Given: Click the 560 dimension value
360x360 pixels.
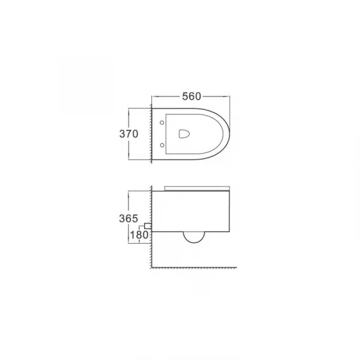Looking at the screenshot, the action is tap(191, 97).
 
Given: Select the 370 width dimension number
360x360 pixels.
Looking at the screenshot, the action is tap(129, 134).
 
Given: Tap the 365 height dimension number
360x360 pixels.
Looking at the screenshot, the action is tap(128, 218).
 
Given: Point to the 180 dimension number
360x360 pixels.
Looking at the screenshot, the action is tap(139, 235).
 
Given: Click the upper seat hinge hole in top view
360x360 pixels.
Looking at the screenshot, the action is tap(162, 122).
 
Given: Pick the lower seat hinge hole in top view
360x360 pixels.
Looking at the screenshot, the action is tap(162, 145).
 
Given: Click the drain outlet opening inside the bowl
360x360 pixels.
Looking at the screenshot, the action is tap(184, 134).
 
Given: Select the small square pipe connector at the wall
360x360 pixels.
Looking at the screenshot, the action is tap(148, 226).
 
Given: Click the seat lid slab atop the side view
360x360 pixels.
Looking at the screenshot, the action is tap(197, 188).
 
